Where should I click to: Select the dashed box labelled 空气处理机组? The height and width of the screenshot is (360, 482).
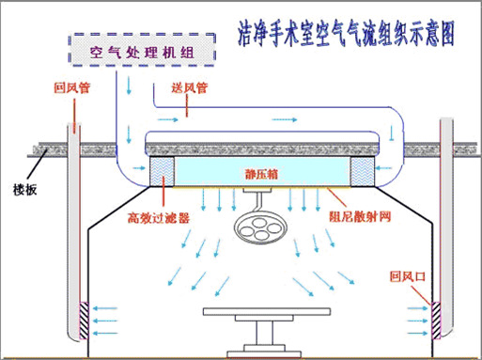tap(141, 51)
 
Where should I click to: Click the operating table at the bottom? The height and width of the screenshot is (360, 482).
tap(256, 318)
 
